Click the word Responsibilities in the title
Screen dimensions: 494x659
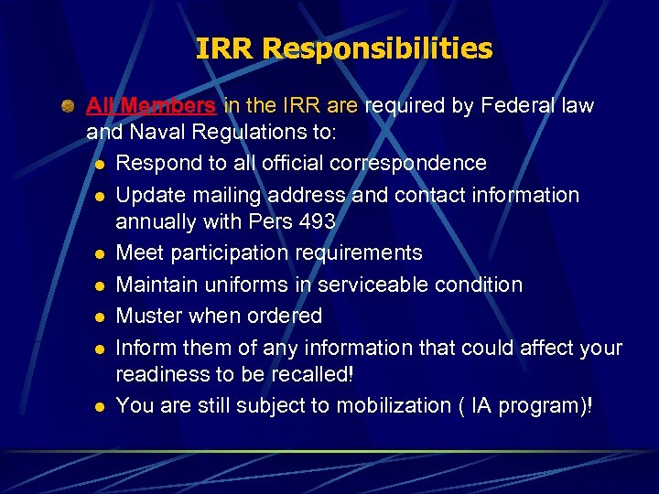point(378,48)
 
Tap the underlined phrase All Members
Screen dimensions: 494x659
point(151,106)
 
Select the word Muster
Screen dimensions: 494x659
point(149,316)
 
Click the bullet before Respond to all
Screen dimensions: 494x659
point(99,164)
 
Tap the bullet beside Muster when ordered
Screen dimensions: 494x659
point(99,317)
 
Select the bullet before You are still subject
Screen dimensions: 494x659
point(99,406)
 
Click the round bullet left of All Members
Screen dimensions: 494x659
point(69,107)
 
